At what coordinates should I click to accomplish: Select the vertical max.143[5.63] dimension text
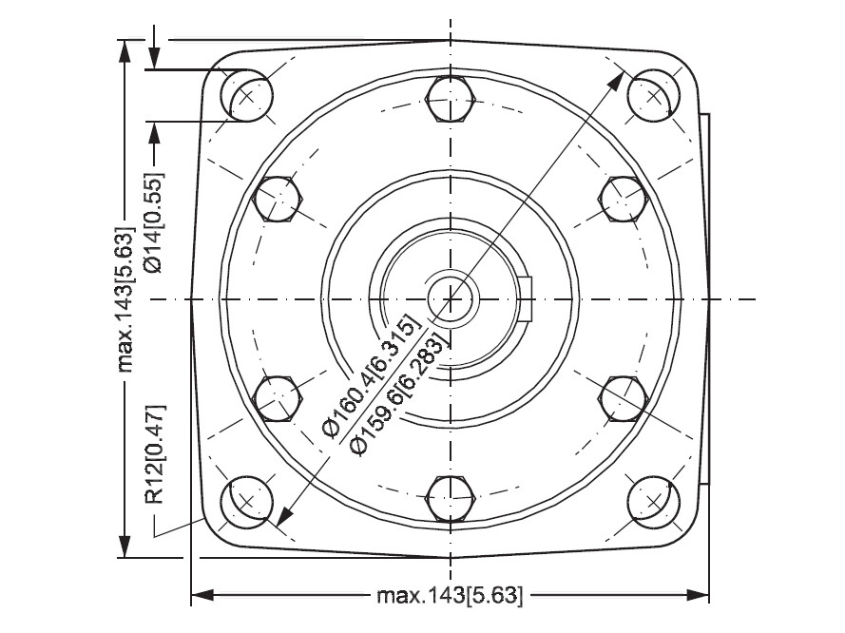pos(125,300)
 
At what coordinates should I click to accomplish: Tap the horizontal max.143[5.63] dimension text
pos(450,596)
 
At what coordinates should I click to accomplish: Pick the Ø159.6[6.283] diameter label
pos(399,393)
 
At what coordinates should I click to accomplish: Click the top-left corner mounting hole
pos(247,96)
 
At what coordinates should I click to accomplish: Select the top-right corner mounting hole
pos(653,96)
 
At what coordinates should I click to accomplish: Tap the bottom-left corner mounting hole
pos(247,502)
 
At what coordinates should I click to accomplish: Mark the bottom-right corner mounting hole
pos(653,502)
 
